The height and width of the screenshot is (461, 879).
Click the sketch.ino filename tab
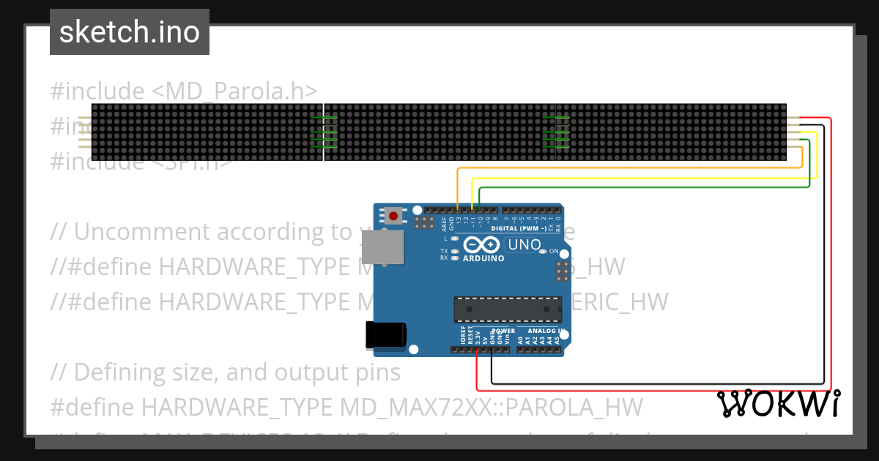click(x=129, y=32)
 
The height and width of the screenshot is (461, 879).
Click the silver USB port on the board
click(x=387, y=247)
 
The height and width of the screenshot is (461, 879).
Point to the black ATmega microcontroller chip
click(x=505, y=310)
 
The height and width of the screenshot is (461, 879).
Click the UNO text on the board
click(x=524, y=245)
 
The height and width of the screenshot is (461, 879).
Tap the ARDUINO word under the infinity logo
click(x=483, y=258)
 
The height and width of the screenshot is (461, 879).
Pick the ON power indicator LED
click(x=543, y=251)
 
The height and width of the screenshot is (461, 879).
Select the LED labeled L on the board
click(x=454, y=239)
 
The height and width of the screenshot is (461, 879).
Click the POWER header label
click(x=503, y=331)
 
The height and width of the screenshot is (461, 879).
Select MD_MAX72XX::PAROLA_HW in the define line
click(x=492, y=406)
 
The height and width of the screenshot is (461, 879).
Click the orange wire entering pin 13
click(x=458, y=190)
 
